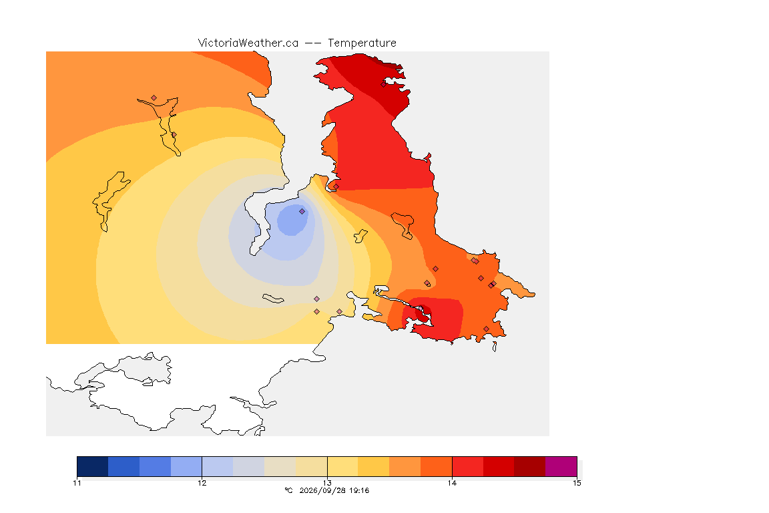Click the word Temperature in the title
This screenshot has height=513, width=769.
[362, 43]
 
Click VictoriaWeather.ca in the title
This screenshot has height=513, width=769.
[248, 43]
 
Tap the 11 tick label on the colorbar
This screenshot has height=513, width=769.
[77, 483]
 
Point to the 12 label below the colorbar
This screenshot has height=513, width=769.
[202, 483]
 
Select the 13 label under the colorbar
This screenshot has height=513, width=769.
[327, 483]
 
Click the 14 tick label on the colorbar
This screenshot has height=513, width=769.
[452, 483]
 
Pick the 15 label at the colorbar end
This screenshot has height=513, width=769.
[577, 483]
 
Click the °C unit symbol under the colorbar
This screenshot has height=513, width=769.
[288, 490]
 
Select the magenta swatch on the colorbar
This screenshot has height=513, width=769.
[561, 466]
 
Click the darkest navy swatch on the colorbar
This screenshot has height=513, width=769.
[93, 466]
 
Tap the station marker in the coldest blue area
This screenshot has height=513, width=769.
[302, 211]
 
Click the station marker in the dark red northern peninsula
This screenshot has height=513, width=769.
[384, 84]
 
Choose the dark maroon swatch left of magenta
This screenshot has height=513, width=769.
[529, 466]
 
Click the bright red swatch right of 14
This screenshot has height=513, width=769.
[467, 466]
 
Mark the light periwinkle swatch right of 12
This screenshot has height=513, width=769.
[218, 466]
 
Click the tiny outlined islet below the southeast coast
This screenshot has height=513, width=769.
[495, 347]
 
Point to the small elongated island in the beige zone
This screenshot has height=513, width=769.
[273, 299]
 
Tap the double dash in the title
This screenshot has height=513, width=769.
[313, 43]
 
